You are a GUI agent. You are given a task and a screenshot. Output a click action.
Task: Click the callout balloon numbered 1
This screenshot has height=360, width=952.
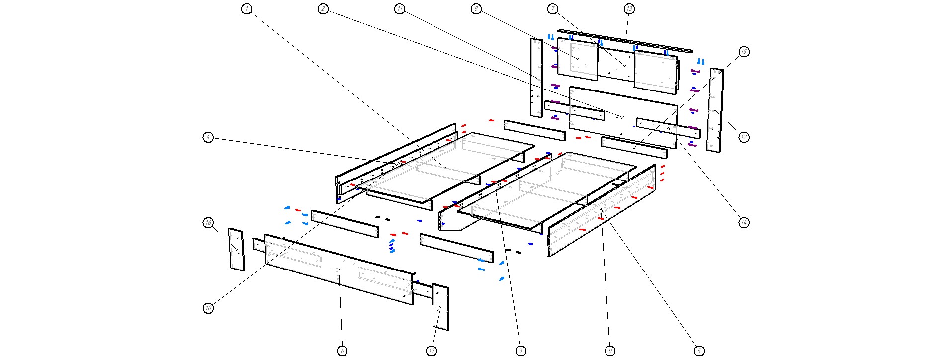point(247,9)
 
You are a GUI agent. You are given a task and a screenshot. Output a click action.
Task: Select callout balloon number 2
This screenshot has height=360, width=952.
point(323,9)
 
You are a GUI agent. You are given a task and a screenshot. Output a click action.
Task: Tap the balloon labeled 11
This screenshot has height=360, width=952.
point(400,9)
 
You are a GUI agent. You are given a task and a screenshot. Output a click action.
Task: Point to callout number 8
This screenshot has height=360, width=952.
point(476,9)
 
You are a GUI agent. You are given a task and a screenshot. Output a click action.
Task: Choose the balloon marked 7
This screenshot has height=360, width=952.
point(553,9)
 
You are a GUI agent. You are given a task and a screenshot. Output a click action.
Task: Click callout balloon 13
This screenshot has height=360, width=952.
point(629,9)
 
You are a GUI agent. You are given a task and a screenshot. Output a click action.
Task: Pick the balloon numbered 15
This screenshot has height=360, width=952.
point(744,52)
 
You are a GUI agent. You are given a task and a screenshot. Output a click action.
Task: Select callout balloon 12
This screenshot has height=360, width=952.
point(744,137)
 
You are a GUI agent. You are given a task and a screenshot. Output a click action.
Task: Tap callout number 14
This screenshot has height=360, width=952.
point(744,222)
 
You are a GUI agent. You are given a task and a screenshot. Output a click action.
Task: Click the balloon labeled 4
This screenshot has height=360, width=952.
point(208,137)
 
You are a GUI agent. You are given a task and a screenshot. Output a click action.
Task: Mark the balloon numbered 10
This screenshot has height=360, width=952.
point(208,308)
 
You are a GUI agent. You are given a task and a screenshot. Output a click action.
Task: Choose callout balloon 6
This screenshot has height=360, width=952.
point(342,351)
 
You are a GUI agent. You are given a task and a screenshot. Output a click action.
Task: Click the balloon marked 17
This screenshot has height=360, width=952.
point(432,351)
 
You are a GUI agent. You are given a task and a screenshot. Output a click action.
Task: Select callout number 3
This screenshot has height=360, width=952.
point(520,351)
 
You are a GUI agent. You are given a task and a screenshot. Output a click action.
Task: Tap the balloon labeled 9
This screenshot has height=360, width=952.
point(610,351)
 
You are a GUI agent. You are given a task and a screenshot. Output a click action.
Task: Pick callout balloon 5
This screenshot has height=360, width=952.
point(699,351)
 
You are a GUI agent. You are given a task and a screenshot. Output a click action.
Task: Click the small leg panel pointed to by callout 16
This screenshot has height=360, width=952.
point(236,250)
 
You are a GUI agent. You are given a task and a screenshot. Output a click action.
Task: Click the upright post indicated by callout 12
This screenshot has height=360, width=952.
point(715,110)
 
